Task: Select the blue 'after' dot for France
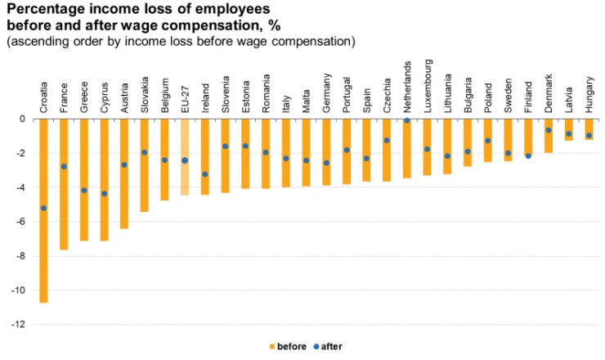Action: coord(64,166)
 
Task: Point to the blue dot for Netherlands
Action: coord(406,120)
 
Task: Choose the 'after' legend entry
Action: coord(326,346)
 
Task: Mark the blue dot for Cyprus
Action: coord(104,194)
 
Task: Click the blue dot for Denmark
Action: coord(548,130)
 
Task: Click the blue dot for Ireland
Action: coord(204,174)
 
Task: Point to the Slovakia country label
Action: coord(145,94)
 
